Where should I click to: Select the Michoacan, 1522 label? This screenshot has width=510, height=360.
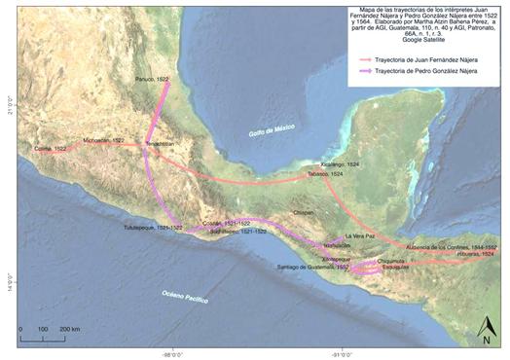104,140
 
